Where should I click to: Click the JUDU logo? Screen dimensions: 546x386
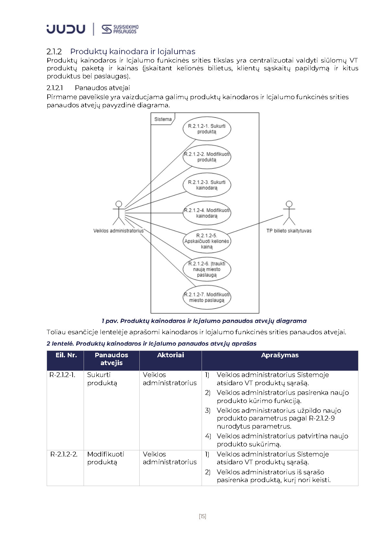point(66,29)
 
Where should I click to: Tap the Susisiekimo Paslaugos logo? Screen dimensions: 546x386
point(120,29)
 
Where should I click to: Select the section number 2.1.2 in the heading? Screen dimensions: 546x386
point(54,52)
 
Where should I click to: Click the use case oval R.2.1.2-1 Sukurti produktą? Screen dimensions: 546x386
point(207,129)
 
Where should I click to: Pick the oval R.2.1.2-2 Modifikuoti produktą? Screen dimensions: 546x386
point(207,157)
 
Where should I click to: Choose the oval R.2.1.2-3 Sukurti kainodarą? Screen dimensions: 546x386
point(207,185)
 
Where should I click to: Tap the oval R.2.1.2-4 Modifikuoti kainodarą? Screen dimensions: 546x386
point(207,213)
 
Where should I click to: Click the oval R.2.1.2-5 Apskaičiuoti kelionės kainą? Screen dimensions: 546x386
point(207,241)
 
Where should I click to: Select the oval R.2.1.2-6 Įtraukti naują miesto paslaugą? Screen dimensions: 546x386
point(207,269)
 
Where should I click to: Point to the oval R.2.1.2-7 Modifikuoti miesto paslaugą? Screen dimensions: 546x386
point(207,297)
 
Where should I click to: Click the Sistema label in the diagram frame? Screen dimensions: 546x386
point(163,119)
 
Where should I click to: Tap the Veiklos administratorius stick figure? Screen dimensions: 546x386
point(119,213)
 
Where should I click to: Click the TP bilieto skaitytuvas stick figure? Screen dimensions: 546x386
point(289,213)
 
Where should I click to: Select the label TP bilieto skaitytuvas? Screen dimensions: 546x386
point(289,231)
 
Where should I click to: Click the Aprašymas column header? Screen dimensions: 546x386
point(280,355)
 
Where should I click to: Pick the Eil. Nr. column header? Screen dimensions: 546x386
point(66,355)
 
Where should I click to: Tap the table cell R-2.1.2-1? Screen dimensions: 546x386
point(62,375)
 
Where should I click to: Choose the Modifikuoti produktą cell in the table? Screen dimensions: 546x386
point(106,458)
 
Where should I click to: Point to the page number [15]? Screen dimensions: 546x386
point(202,516)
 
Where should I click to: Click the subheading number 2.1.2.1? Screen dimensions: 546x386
point(55,88)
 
